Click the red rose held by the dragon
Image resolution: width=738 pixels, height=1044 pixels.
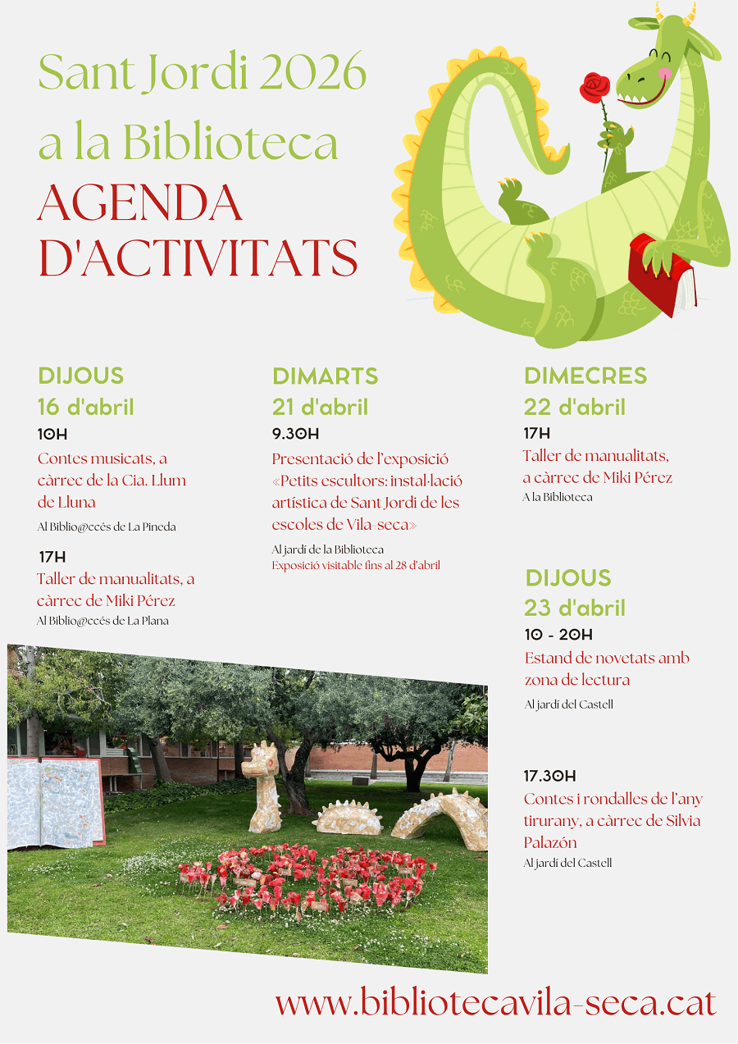click(x=596, y=86)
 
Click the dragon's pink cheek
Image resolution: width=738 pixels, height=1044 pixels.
click(x=665, y=73)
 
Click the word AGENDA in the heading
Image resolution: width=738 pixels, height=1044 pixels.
click(x=139, y=203)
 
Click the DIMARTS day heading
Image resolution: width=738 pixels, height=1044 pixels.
click(x=325, y=376)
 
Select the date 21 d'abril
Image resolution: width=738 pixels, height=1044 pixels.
click(x=320, y=407)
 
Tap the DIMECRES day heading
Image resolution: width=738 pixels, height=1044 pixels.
click(x=585, y=376)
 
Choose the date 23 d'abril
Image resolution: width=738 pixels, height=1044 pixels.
click(x=575, y=608)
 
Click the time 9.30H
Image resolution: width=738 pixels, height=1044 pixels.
click(x=295, y=434)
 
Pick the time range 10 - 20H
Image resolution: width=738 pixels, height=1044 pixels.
click(x=558, y=635)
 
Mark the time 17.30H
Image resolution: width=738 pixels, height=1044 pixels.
click(x=549, y=776)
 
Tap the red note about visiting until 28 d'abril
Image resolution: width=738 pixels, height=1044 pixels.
click(x=356, y=565)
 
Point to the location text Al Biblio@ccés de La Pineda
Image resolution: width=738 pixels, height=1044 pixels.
click(x=107, y=527)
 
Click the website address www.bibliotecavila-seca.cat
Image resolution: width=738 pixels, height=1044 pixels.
click(x=495, y=1003)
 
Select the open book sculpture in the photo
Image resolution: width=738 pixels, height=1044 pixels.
click(x=56, y=802)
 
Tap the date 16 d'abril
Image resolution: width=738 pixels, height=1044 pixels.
click(x=85, y=407)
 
